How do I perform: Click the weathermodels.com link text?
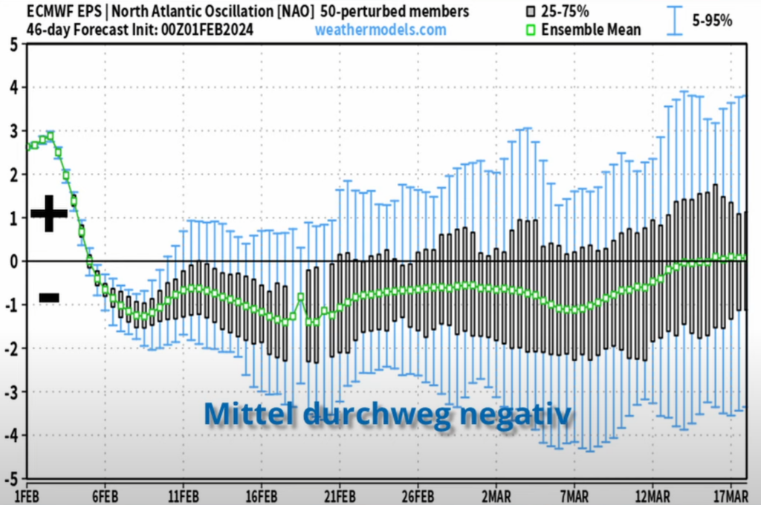(x=380, y=30)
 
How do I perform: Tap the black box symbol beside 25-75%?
(x=529, y=12)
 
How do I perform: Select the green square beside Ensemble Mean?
(x=529, y=30)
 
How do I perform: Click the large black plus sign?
(x=49, y=213)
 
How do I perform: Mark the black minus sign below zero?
(x=49, y=298)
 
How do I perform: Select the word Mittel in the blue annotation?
(x=246, y=413)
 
